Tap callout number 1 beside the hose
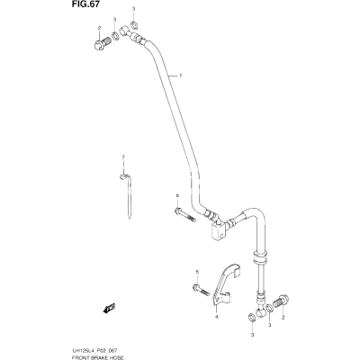(x=181, y=76)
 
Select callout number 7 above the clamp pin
(x=123, y=157)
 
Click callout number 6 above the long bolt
(x=177, y=195)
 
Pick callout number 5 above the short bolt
(x=197, y=272)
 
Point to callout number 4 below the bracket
(x=216, y=317)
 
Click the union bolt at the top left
(x=102, y=45)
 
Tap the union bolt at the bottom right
(x=281, y=301)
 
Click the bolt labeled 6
(x=184, y=215)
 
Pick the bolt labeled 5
(x=201, y=290)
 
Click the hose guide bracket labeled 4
(x=226, y=285)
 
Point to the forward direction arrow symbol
(x=109, y=308)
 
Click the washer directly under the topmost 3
(x=134, y=23)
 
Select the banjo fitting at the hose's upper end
(x=130, y=33)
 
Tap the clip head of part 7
(x=124, y=176)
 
